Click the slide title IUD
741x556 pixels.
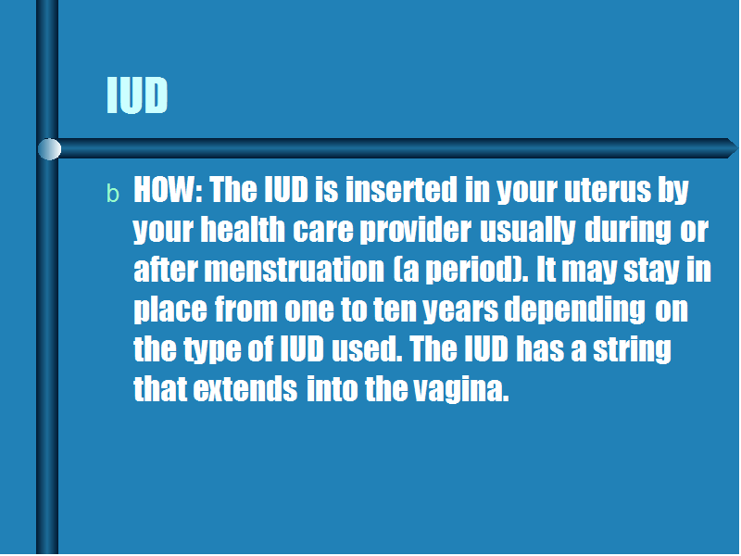137,95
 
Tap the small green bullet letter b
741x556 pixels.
113,194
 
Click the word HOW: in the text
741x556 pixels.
169,190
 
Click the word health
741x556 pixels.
243,230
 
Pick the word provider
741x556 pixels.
415,231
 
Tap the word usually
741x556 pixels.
527,231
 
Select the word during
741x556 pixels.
628,231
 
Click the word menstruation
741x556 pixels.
295,270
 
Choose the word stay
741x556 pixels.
651,271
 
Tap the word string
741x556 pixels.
633,350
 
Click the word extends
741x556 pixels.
245,389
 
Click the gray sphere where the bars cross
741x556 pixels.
49,149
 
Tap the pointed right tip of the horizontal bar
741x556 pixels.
737,148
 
